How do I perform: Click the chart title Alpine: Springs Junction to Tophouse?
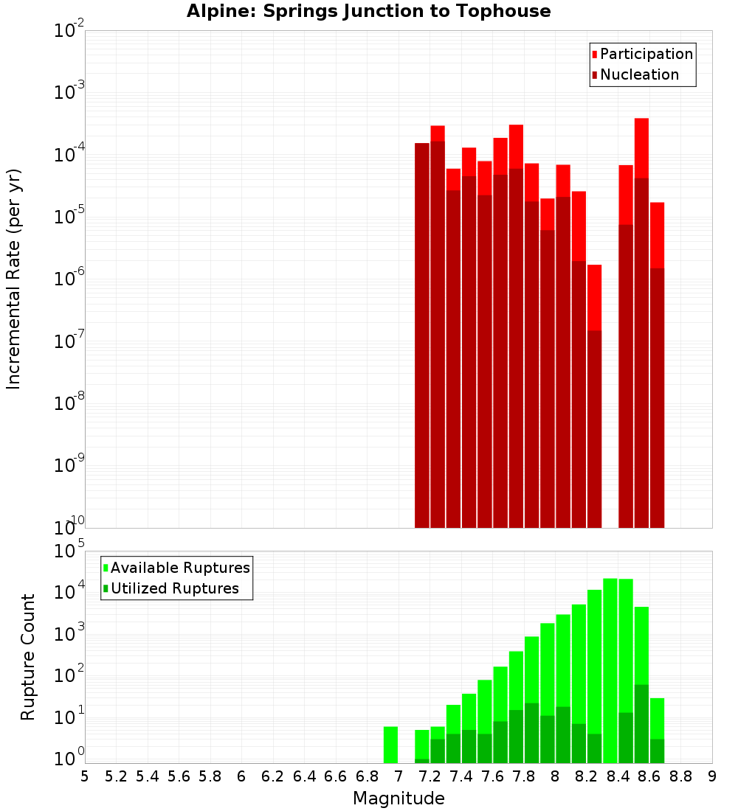coord(368,11)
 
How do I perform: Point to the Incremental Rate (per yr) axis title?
coord(13,279)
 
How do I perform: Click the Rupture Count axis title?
coord(28,656)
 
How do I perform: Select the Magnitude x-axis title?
coord(399,798)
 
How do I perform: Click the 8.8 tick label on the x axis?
coord(680,776)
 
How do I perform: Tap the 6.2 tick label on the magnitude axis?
coord(272,776)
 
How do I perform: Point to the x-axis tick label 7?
coord(399,776)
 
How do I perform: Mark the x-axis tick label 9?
coord(712,776)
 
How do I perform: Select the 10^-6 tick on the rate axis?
coord(69,279)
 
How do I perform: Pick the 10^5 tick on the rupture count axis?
coord(69,551)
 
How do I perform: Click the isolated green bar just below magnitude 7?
coord(390,745)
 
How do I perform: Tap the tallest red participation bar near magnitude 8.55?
coord(641,147)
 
